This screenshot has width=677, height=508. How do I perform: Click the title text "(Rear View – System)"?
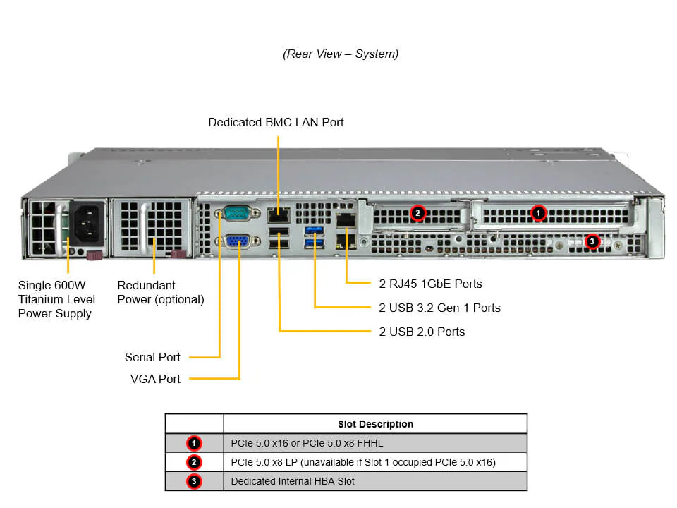(x=341, y=54)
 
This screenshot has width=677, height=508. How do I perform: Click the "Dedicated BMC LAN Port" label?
(x=276, y=123)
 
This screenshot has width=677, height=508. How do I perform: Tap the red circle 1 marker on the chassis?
(x=538, y=212)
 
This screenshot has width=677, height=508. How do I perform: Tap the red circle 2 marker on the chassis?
(x=417, y=212)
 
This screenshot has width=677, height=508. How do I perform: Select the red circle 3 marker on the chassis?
(x=592, y=241)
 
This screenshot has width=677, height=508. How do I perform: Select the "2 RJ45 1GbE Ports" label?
(x=430, y=284)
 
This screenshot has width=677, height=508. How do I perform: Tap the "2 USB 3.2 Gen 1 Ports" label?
(x=439, y=308)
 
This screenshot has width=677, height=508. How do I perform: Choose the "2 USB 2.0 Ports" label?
(x=422, y=332)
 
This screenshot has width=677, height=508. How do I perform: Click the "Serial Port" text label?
(x=152, y=357)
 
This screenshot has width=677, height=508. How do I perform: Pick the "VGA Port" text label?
(x=155, y=379)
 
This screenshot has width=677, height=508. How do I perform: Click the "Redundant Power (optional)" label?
(x=161, y=292)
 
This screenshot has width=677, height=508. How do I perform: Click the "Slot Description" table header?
(x=375, y=424)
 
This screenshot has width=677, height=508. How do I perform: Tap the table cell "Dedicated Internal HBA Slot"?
(x=293, y=482)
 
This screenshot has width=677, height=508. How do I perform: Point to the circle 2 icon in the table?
(x=195, y=463)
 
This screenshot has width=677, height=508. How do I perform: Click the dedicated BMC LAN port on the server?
(x=278, y=213)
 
